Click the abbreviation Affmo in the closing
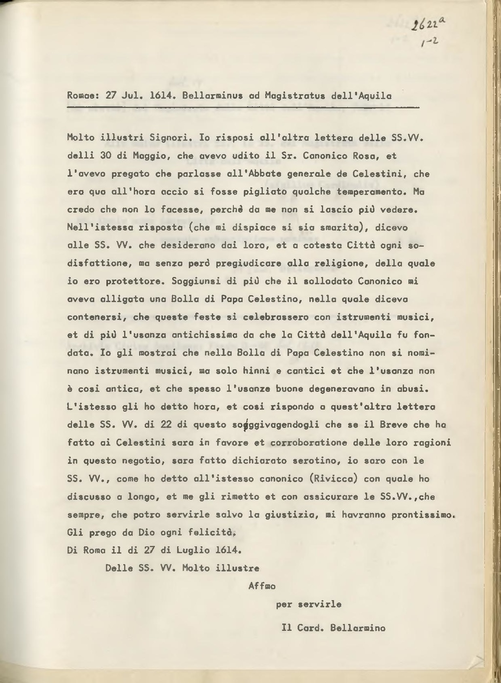click(x=262, y=586)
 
